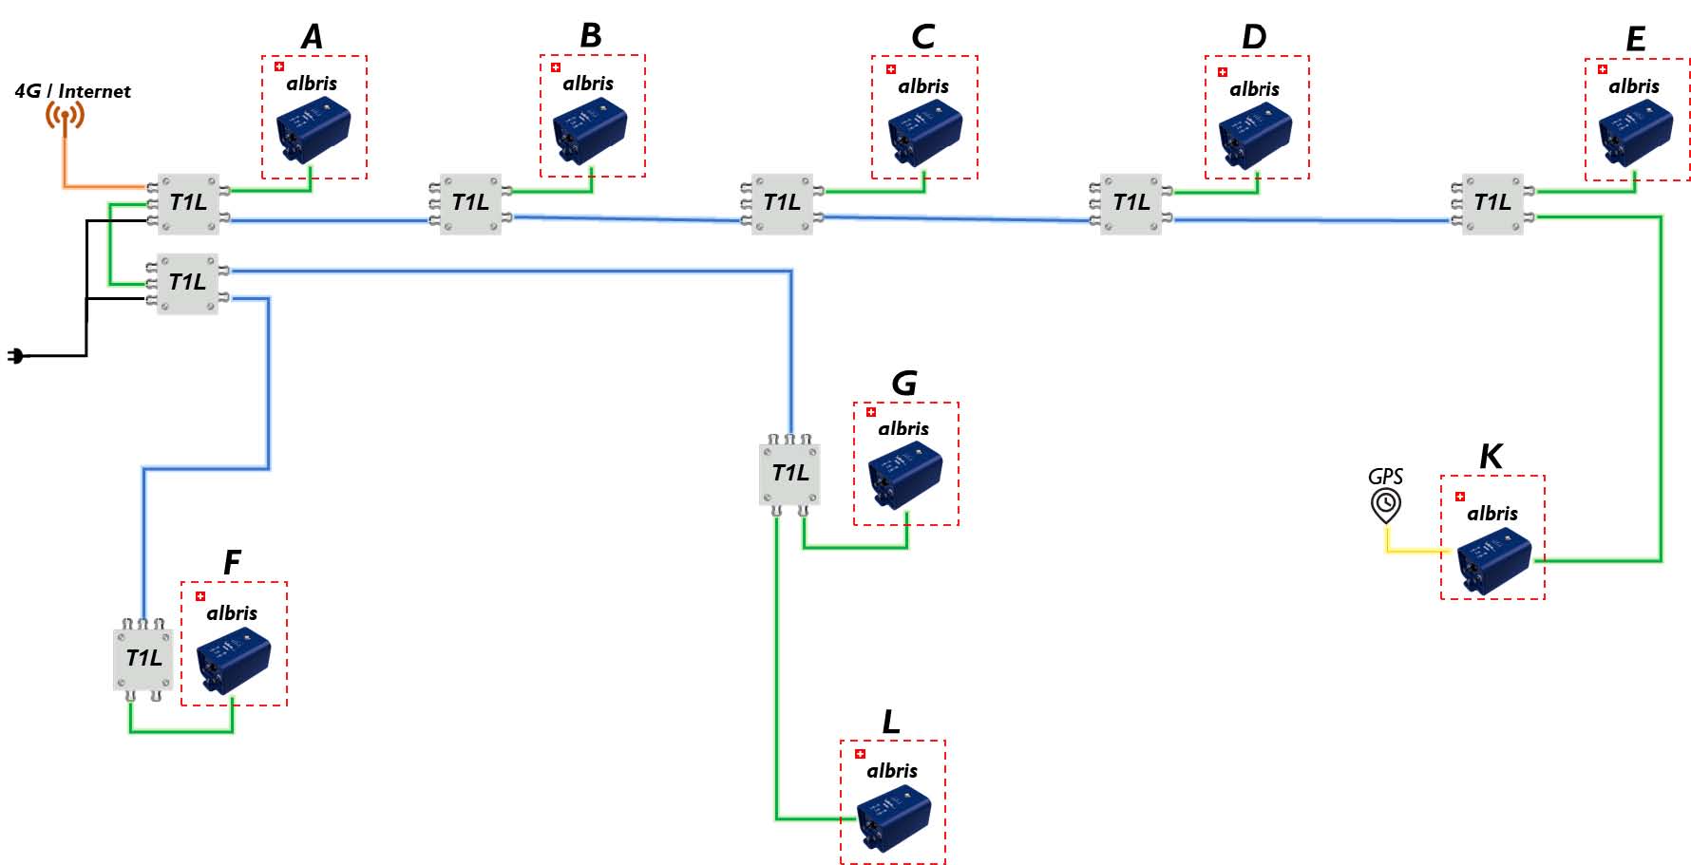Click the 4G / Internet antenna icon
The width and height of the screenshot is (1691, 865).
click(65, 116)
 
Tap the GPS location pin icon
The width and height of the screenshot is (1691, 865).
click(1386, 505)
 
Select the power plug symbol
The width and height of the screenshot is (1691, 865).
click(15, 356)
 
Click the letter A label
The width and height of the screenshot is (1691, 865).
click(312, 37)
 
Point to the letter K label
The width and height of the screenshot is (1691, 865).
click(1491, 457)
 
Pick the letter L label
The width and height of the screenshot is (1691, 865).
click(890, 723)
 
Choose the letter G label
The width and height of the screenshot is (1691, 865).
click(903, 384)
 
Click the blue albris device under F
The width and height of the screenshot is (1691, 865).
click(233, 659)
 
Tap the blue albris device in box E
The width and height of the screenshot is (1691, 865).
click(1635, 133)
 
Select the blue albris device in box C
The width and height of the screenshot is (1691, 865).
click(924, 134)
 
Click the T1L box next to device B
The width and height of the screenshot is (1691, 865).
click(470, 203)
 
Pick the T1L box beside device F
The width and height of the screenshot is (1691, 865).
click(143, 658)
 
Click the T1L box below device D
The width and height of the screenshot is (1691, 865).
click(1131, 203)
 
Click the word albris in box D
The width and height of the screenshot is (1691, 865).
click(1254, 89)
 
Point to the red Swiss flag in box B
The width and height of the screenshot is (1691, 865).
click(556, 67)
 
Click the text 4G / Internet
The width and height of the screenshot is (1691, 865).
click(72, 91)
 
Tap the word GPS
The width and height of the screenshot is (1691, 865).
click(1385, 477)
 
